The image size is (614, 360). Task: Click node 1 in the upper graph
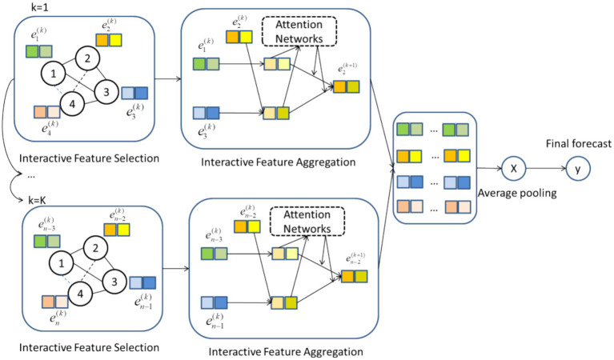click(x=54, y=74)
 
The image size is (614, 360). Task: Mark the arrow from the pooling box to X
click(x=485, y=169)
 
